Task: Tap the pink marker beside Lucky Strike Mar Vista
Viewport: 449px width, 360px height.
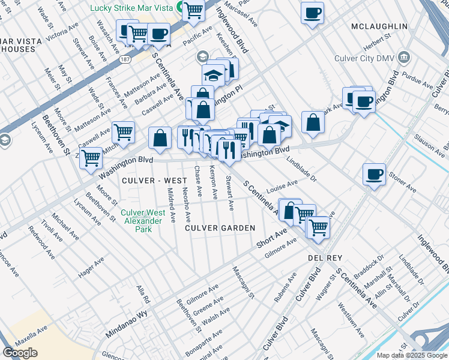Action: point(180,8)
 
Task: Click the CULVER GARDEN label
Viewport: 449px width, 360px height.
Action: point(220,228)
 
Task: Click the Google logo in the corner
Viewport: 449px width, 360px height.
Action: point(20,353)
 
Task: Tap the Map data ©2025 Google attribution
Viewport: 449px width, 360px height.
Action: point(412,355)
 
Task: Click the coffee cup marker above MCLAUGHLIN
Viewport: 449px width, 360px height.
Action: point(312,13)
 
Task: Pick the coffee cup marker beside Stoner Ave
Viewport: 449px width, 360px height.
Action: point(374,175)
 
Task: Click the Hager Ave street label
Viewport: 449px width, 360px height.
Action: point(92,268)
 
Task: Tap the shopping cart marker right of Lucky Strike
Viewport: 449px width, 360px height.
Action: point(193,10)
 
